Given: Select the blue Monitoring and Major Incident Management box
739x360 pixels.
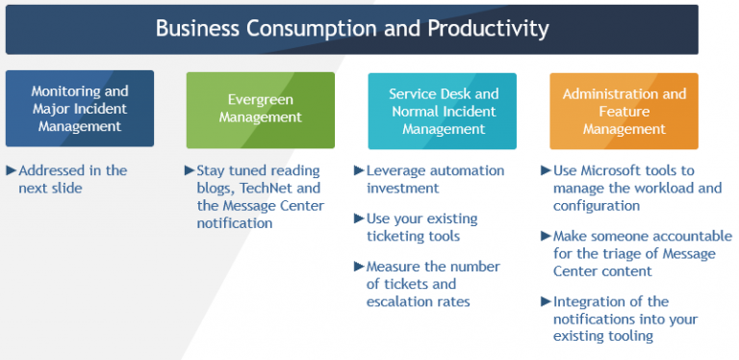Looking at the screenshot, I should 79,109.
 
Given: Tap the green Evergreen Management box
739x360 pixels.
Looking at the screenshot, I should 260,109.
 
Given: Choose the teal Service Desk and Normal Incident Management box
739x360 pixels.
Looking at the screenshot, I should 443,109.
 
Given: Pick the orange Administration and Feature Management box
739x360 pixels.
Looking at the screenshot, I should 624,109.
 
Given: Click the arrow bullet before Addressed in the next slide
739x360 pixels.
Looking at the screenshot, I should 11,170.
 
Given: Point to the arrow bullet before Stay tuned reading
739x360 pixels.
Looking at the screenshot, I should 189,170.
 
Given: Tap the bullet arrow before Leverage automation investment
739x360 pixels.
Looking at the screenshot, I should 359,170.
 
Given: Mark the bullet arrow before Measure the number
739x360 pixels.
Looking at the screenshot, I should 359,267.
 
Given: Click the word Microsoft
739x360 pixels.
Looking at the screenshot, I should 618,170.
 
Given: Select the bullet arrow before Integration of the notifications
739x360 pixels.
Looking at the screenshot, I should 546,301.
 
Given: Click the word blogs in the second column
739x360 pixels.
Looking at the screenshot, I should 216,188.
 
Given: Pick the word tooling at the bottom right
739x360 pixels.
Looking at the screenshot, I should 628,336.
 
